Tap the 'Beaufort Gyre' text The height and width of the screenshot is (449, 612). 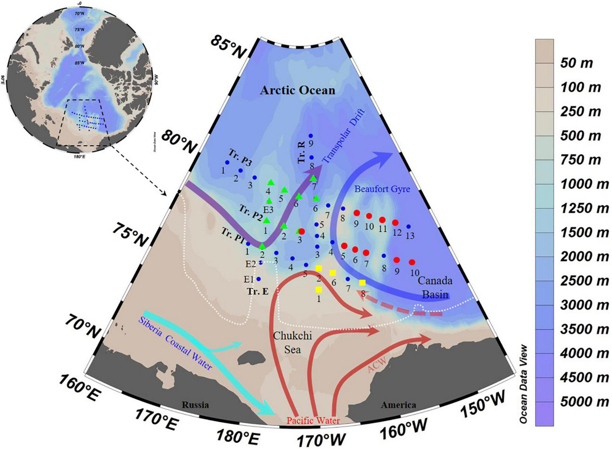click(x=382, y=189)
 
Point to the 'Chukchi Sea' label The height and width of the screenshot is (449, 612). click(x=293, y=342)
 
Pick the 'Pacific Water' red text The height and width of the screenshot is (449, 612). click(x=313, y=420)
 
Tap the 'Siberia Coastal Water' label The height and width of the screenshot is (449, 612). click(x=175, y=343)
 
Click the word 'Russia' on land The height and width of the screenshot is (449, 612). click(x=195, y=405)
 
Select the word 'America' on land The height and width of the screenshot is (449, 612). click(x=398, y=405)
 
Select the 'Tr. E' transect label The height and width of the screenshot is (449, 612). click(x=258, y=292)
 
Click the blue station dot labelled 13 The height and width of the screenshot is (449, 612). click(x=408, y=227)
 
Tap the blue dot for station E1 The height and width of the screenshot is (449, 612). click(x=258, y=279)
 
